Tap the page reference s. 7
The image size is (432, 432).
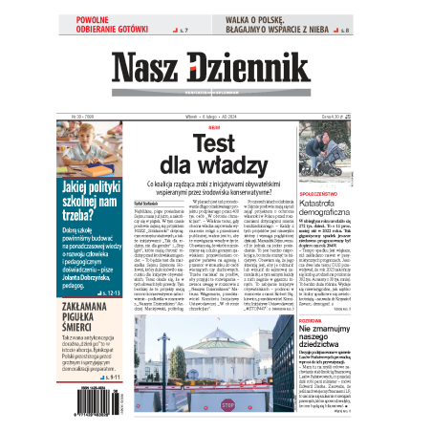click(184, 31)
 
